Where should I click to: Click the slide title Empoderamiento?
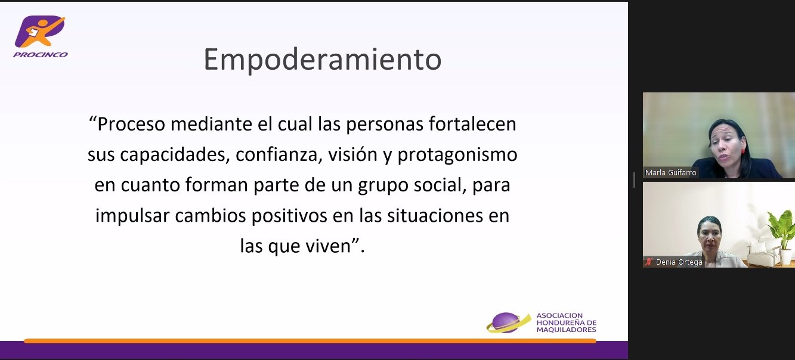click(323, 60)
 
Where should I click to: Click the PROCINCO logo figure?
click(39, 31)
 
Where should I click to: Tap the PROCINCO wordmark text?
click(41, 55)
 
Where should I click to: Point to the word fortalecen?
click(472, 124)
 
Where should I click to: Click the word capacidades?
click(175, 155)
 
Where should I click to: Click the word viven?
click(328, 246)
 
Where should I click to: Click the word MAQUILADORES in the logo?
click(566, 330)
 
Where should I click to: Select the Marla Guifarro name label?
click(671, 173)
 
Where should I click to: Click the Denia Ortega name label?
click(679, 262)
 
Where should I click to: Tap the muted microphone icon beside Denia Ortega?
click(648, 262)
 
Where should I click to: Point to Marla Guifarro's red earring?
click(743, 151)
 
